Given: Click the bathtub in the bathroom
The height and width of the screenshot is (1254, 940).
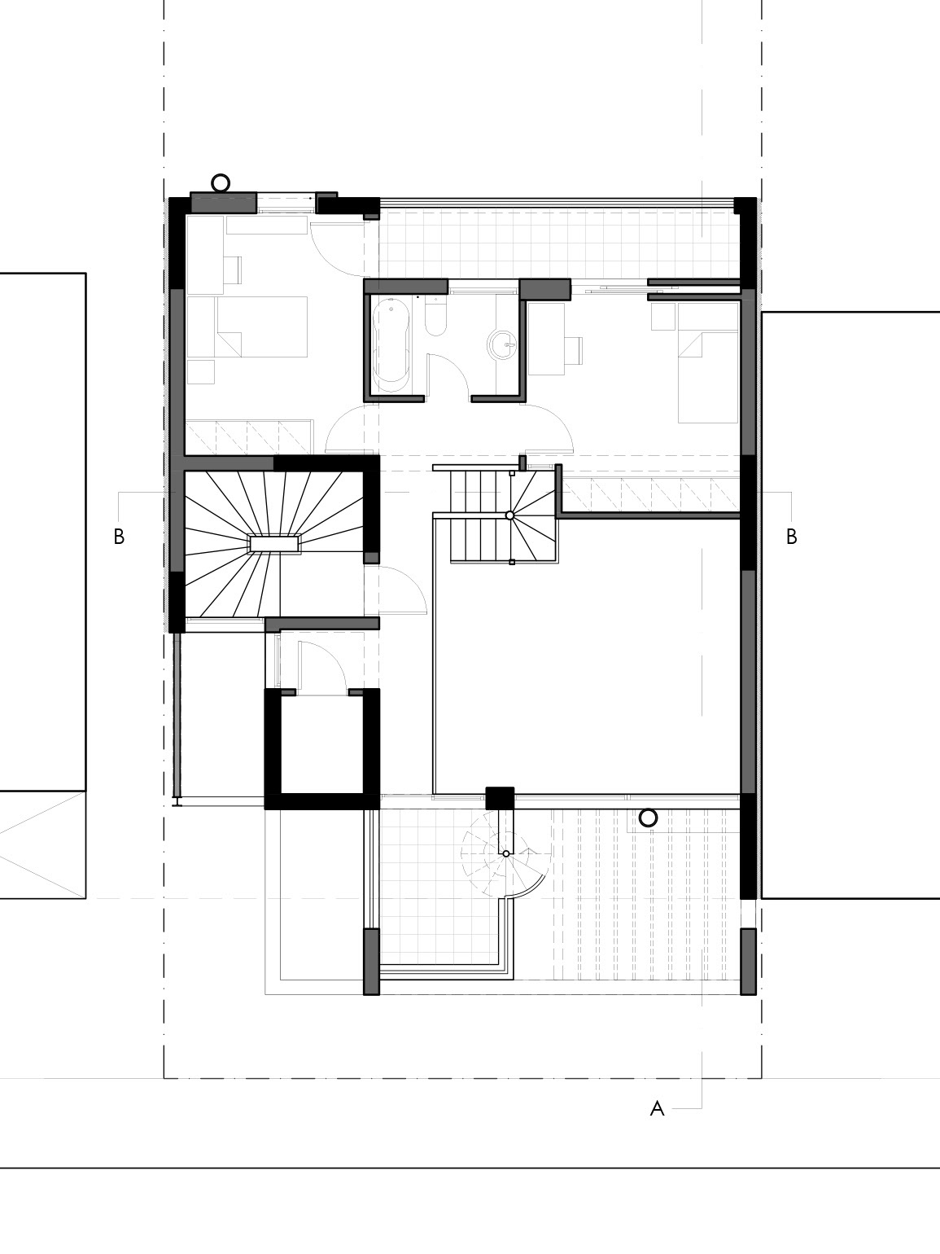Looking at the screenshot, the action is point(391,344).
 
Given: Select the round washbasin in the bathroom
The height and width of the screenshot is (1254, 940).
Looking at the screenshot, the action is point(503,344).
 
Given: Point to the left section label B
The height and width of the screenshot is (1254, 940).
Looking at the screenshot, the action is point(119,537).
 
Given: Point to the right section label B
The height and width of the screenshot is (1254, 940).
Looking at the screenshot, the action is point(791,537).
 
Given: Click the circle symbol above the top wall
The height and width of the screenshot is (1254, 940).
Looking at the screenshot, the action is point(221,182).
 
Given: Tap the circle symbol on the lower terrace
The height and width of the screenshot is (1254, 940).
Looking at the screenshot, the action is point(647,818).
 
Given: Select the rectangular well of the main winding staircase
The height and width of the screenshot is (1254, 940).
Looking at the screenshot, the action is point(275,544).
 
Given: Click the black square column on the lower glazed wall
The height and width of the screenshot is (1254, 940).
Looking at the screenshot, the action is point(500,798).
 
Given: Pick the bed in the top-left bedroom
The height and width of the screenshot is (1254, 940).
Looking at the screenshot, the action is point(262,327).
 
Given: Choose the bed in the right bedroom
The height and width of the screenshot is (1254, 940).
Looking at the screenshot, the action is point(708,363).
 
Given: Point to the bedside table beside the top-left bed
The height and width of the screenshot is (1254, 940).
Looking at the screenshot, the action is point(200,372).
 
